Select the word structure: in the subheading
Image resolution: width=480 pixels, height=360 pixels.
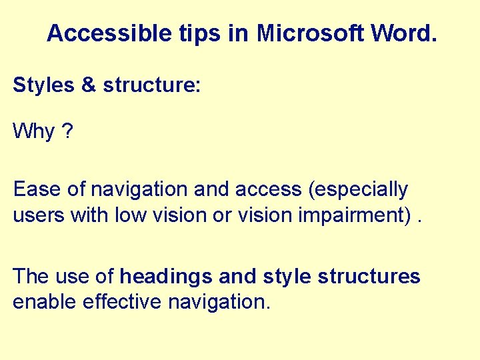(x=151, y=85)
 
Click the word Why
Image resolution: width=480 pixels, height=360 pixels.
(x=34, y=131)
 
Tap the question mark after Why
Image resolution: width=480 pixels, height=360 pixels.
(x=68, y=131)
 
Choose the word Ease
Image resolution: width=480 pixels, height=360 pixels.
(x=37, y=190)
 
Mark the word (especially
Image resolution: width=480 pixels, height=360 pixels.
(x=357, y=190)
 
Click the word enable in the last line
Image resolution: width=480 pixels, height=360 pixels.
(x=45, y=302)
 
